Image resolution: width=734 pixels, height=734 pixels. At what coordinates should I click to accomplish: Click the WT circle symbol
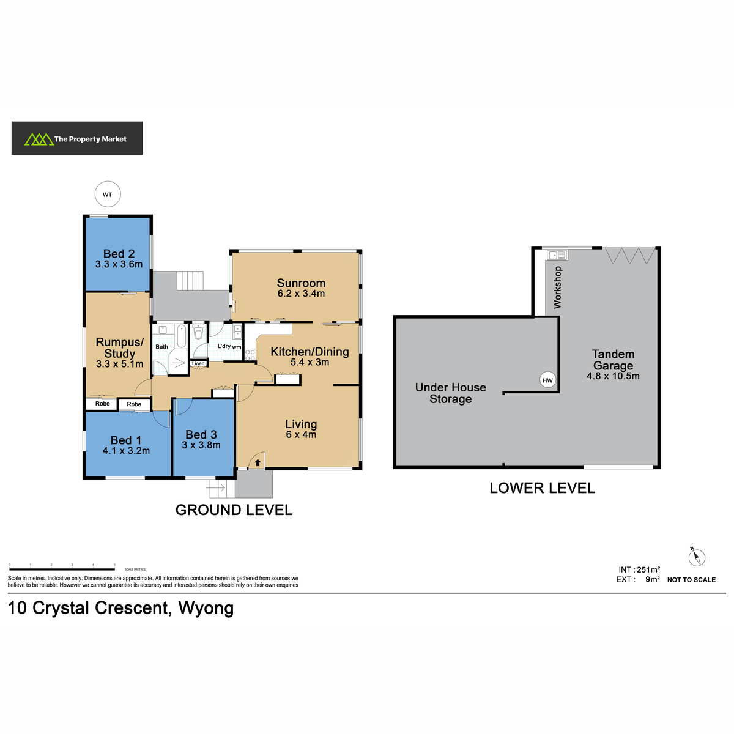tap(108, 194)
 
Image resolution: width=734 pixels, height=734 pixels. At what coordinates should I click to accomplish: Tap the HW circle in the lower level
tap(547, 380)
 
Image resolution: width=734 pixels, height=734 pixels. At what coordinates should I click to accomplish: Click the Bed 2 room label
tap(119, 253)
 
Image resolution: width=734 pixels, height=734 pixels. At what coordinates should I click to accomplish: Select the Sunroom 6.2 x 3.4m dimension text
tap(300, 294)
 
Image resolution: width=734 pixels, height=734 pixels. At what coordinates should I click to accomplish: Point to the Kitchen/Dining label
tap(310, 351)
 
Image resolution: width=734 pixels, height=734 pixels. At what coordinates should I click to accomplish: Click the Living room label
tap(301, 424)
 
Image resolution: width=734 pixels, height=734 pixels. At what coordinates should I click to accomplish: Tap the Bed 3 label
tap(201, 434)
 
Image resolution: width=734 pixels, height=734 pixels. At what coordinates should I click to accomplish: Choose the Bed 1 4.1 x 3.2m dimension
tap(126, 451)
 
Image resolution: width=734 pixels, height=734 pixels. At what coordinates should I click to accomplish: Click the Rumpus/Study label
tap(119, 347)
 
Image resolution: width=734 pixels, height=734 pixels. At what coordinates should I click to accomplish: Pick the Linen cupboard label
tap(198, 363)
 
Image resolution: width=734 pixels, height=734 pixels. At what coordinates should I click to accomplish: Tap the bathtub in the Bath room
tap(182, 336)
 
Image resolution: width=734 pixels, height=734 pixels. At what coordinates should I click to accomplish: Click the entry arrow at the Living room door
tap(258, 462)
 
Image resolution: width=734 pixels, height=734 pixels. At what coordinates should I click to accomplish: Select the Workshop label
tap(557, 287)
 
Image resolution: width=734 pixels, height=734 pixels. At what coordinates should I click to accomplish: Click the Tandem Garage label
tap(613, 360)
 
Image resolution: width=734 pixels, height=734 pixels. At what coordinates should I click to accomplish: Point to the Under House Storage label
tap(450, 393)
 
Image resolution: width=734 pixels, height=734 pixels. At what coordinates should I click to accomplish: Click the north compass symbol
tap(696, 557)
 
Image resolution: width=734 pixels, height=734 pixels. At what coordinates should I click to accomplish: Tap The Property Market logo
tap(77, 138)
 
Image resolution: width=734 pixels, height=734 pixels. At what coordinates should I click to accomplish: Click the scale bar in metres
tap(62, 569)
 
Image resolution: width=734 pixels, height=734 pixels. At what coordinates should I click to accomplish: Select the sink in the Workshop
tap(557, 254)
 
